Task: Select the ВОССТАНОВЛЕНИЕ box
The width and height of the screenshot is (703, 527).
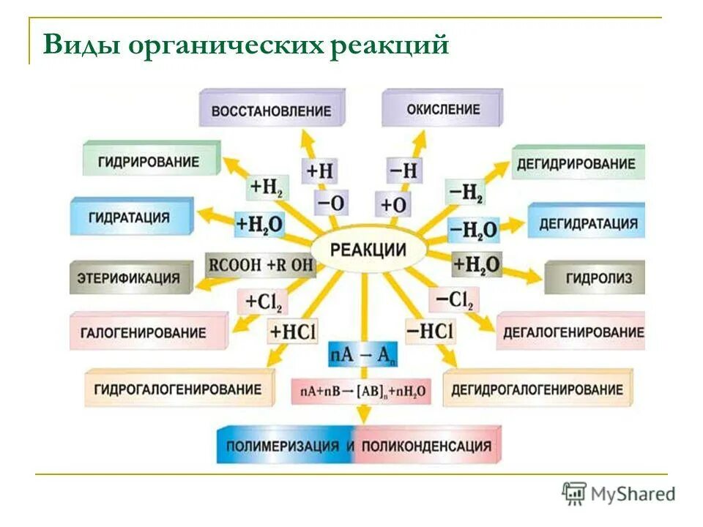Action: [271, 111]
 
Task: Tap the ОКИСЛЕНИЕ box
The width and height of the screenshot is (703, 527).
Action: [443, 109]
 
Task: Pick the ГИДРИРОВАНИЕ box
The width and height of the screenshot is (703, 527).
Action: [152, 161]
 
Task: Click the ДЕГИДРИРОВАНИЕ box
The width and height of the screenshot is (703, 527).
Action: [576, 163]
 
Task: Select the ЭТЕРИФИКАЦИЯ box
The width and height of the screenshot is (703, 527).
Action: [131, 278]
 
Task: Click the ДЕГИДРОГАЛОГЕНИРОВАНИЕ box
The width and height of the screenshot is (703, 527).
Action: [537, 389]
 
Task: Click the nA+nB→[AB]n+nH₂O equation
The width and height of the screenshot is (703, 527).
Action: [362, 391]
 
